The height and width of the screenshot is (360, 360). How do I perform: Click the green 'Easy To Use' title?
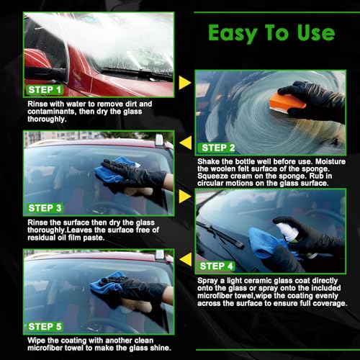tap(271, 33)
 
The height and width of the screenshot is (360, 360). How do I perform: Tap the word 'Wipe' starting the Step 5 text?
tap(37, 339)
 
